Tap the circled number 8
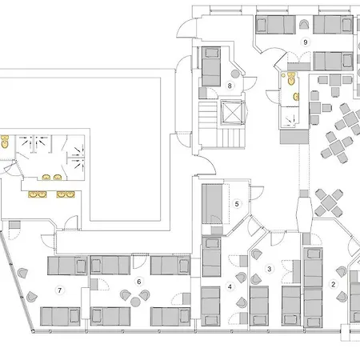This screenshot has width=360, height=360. (x=230, y=84)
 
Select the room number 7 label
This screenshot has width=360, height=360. (x=58, y=288)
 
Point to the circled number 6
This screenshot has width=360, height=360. (x=138, y=281)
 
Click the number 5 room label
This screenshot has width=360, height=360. (x=237, y=204)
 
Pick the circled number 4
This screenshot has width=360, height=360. (x=230, y=286)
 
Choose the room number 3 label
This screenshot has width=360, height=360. (x=270, y=269)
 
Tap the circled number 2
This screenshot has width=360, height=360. (x=334, y=283)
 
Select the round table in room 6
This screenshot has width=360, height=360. (x=135, y=297)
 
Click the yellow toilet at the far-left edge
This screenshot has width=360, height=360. (x=5, y=142)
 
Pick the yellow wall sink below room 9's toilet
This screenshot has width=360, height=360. (x=295, y=96)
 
